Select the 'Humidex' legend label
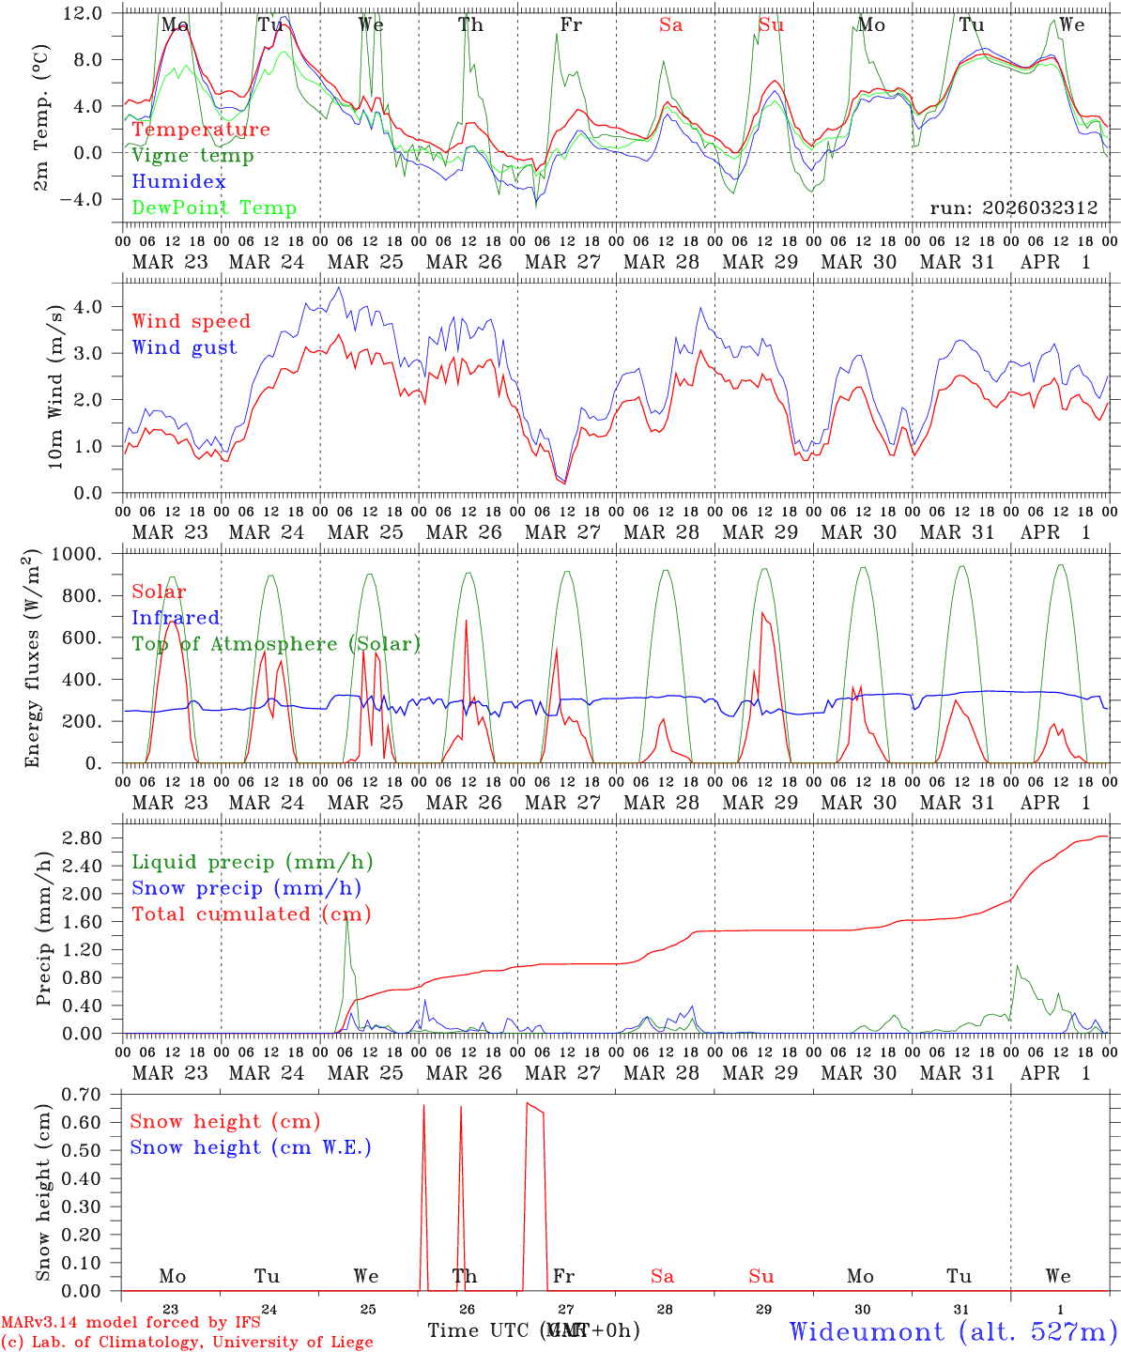(x=178, y=182)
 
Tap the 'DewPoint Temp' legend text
(x=214, y=208)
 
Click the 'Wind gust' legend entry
(x=184, y=347)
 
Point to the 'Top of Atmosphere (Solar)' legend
(x=276, y=644)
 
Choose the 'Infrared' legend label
(x=176, y=618)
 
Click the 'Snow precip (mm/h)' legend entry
(x=246, y=888)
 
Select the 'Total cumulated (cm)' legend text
(x=251, y=914)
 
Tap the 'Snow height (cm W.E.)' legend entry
(x=251, y=1147)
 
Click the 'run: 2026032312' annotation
(x=1014, y=208)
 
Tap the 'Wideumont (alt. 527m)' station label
(x=952, y=1331)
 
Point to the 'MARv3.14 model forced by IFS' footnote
(x=131, y=1322)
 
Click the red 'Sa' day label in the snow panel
(x=662, y=1276)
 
